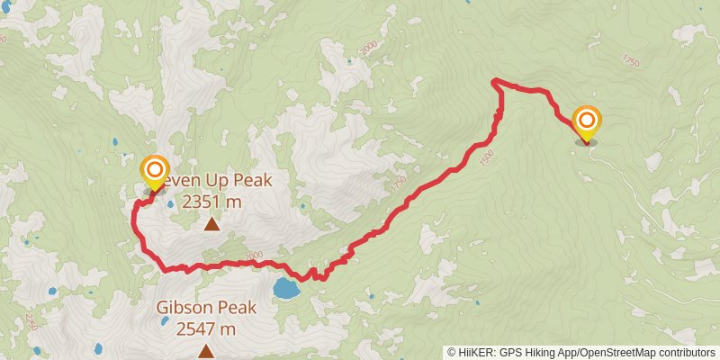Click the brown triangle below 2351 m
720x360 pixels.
pos(211,223)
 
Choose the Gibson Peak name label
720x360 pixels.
pos(205,308)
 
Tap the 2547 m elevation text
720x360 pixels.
pos(206,329)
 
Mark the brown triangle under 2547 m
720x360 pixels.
pos(205,351)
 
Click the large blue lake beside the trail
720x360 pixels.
pos(287,289)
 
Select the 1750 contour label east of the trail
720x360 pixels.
pos(629,60)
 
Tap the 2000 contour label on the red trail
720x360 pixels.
pos(253,257)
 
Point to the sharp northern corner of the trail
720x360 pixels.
pos(493,82)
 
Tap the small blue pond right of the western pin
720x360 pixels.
pos(170,204)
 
